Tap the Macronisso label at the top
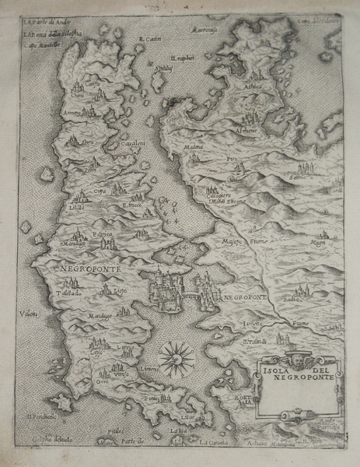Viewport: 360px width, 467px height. [x=204, y=30]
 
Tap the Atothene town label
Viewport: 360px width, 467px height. [x=248, y=132]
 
